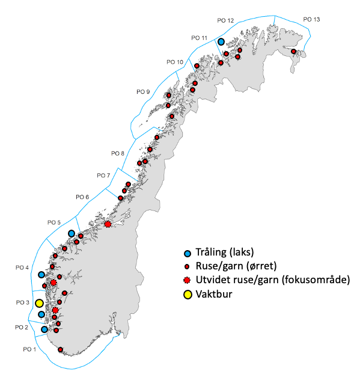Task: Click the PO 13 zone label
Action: point(311,20)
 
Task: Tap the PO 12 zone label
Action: point(225,21)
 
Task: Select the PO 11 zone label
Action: point(199,38)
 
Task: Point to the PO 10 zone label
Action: point(175,62)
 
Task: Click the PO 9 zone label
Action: point(143,91)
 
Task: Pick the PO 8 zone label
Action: point(118,153)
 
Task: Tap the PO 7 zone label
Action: point(103,176)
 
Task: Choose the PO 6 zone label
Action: point(82,197)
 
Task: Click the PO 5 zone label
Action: point(55,222)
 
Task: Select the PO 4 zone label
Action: point(23,268)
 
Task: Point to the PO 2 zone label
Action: point(22,327)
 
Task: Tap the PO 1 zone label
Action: point(29,349)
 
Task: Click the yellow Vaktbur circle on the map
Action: point(39,304)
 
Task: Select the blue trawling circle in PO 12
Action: point(221,42)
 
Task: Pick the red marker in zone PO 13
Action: point(294,52)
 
